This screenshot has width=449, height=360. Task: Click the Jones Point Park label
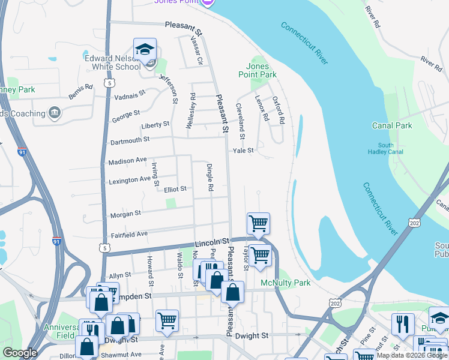click(261, 70)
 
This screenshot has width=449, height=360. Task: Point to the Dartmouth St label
click(130, 141)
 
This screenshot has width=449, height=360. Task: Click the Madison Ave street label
click(127, 161)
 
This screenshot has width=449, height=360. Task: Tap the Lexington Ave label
click(129, 179)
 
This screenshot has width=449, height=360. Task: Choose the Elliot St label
click(175, 188)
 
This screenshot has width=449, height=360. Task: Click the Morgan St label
click(125, 213)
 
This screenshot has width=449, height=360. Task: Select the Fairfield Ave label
click(128, 234)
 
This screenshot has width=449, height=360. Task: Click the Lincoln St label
click(209, 243)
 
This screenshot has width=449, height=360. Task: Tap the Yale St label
click(244, 151)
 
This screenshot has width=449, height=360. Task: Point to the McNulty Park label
click(286, 282)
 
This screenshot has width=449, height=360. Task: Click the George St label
click(125, 116)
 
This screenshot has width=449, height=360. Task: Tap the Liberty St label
click(155, 125)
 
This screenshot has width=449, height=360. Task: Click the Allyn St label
click(120, 275)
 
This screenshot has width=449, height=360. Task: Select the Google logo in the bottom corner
click(20, 353)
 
